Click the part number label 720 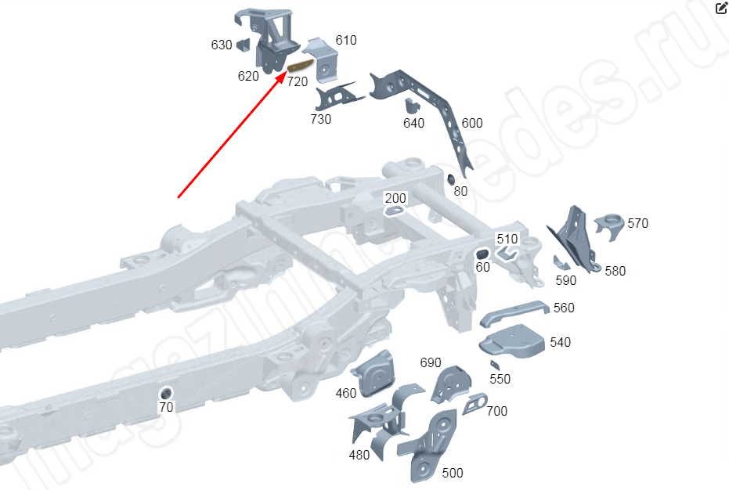coord(297,81)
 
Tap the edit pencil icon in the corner coord(721,9)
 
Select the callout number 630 coord(222,45)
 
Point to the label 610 coord(346,40)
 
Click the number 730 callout coord(320,119)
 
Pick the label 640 coord(413,123)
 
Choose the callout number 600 coord(472,123)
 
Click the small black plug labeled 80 coord(452,179)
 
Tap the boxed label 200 coord(395,198)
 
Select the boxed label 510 coord(507,239)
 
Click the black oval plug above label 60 coord(483,254)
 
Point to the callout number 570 coord(637,223)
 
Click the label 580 coord(615,271)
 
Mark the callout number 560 coord(564,308)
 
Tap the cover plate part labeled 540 coord(514,343)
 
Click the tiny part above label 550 coord(494,364)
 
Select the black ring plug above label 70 coord(166,392)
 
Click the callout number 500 coord(453,473)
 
